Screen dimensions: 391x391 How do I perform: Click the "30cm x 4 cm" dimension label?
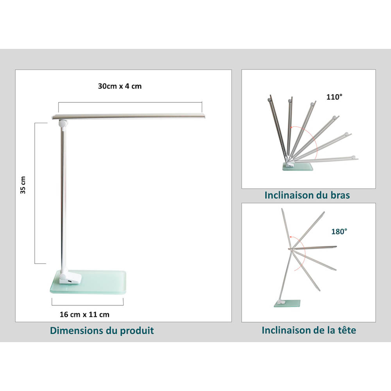(x=120, y=87)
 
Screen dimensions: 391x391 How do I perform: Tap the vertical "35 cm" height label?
(x=23, y=185)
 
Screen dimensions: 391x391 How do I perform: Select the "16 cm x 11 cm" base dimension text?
(x=85, y=314)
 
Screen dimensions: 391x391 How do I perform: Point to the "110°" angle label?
(x=334, y=97)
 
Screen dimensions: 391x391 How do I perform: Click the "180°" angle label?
(x=339, y=232)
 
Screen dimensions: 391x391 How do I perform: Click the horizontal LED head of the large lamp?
(x=129, y=116)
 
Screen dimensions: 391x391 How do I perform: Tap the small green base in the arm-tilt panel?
(x=298, y=167)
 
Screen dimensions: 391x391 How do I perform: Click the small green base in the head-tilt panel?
(x=287, y=303)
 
